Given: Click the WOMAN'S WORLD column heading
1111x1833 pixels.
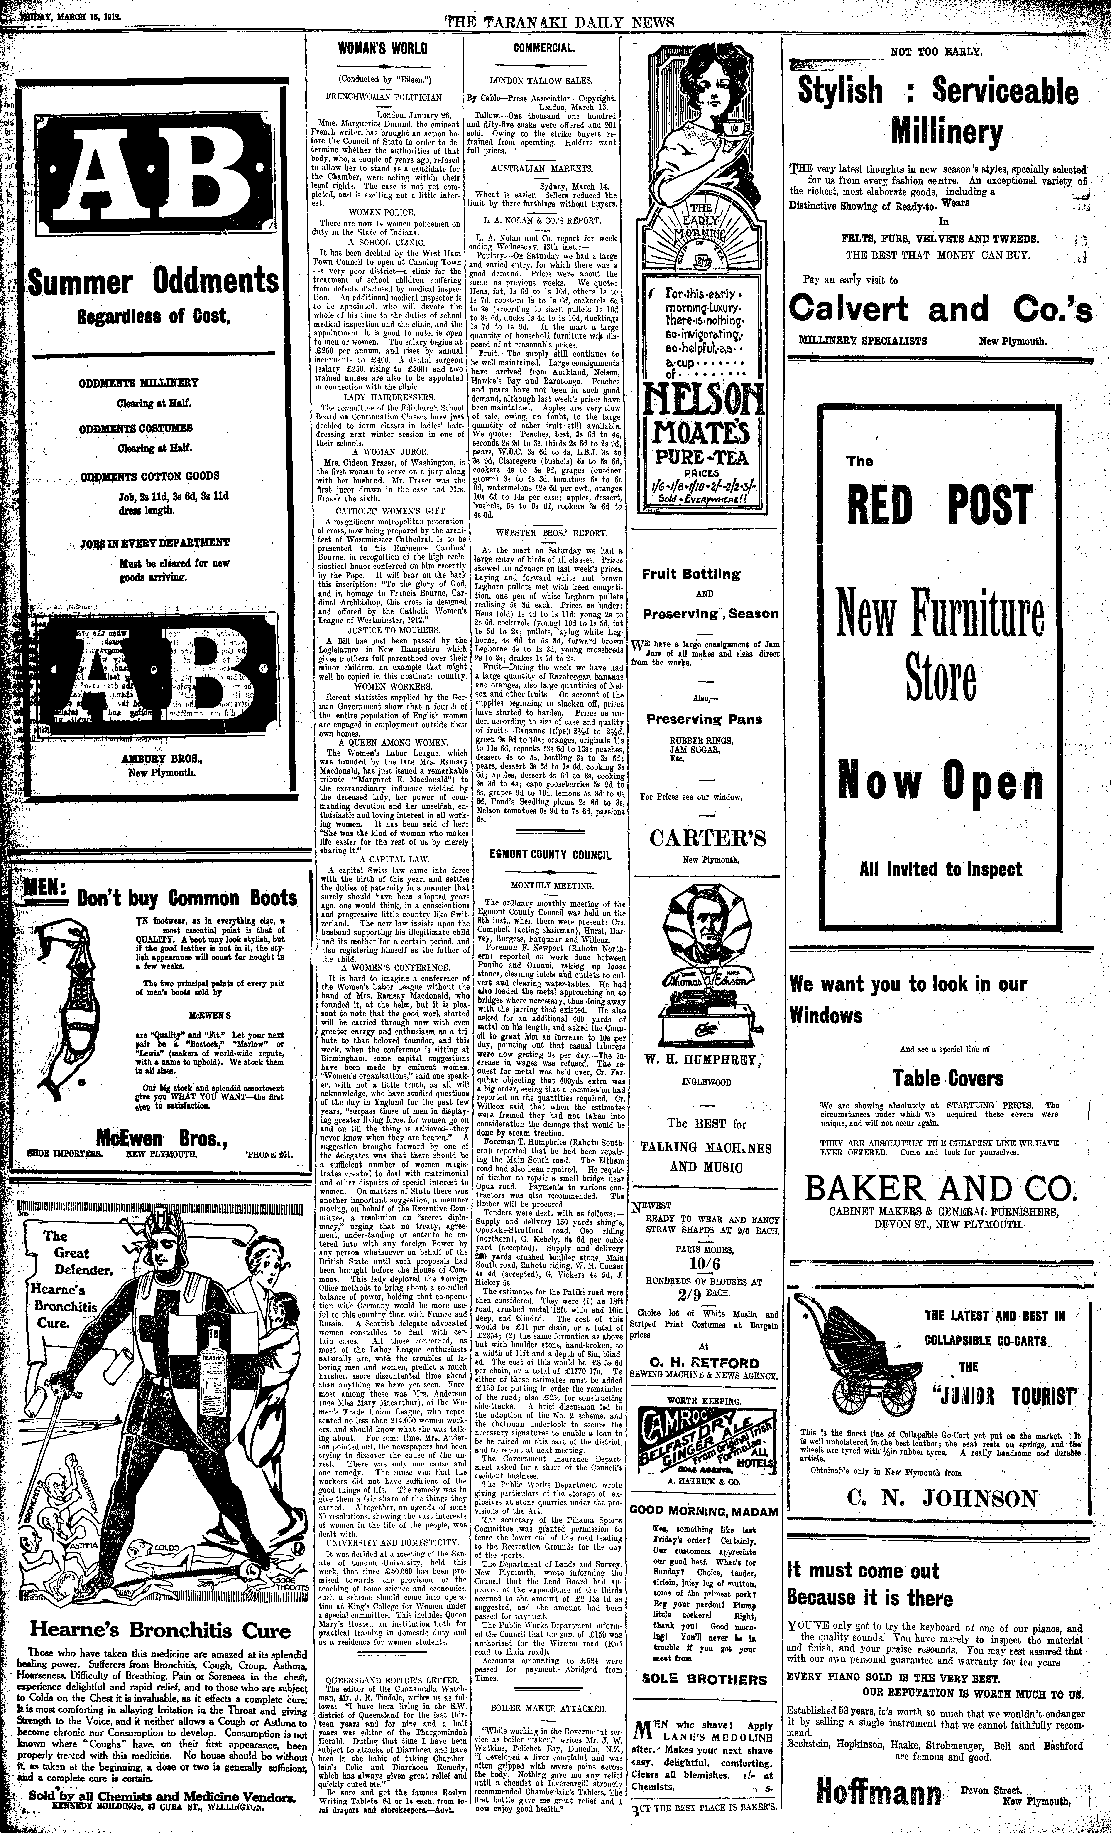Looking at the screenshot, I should point(383,49).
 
